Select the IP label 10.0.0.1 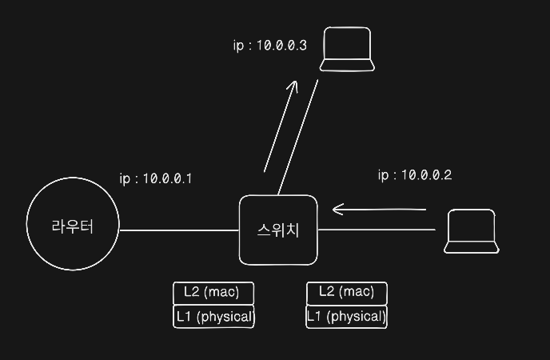click(155, 178)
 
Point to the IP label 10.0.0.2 click(415, 175)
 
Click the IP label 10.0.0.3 click(269, 45)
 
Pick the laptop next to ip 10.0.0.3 click(347, 50)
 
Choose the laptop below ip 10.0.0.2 click(472, 232)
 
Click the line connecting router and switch click(179, 230)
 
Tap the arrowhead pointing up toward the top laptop click(293, 85)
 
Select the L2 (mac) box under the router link click(213, 292)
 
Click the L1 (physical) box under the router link click(213, 317)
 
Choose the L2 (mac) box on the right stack click(346, 292)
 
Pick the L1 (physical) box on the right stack click(346, 317)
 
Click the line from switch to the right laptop click(376, 230)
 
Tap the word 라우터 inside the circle click(72, 226)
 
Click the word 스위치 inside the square click(278, 231)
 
